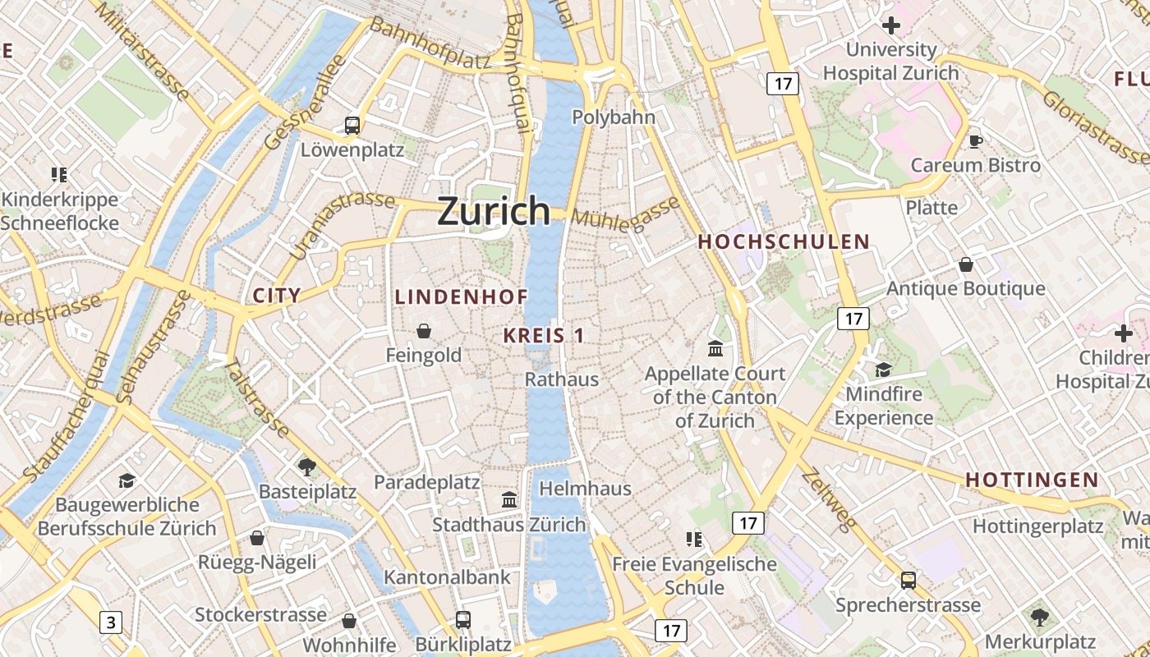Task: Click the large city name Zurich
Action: click(x=494, y=211)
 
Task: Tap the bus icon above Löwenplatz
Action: click(x=352, y=126)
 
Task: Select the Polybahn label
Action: click(x=614, y=117)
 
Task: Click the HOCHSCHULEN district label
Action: click(x=783, y=241)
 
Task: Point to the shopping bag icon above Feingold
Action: click(x=424, y=331)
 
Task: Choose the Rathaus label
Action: click(x=562, y=379)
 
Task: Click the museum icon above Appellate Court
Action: click(x=715, y=349)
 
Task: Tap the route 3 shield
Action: click(x=111, y=623)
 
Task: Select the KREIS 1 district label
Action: click(x=543, y=335)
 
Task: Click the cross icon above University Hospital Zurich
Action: click(x=890, y=26)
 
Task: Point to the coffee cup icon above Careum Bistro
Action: click(x=976, y=141)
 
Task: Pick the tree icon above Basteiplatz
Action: click(x=307, y=467)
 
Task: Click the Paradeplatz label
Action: click(x=426, y=482)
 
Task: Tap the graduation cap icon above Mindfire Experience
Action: click(x=883, y=370)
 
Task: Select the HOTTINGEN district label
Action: click(x=1032, y=480)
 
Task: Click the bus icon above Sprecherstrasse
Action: click(x=908, y=581)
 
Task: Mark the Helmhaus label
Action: click(x=585, y=489)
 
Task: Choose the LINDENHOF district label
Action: click(x=461, y=297)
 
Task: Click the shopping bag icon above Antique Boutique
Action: click(x=966, y=264)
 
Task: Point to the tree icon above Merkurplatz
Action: click(x=1039, y=616)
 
